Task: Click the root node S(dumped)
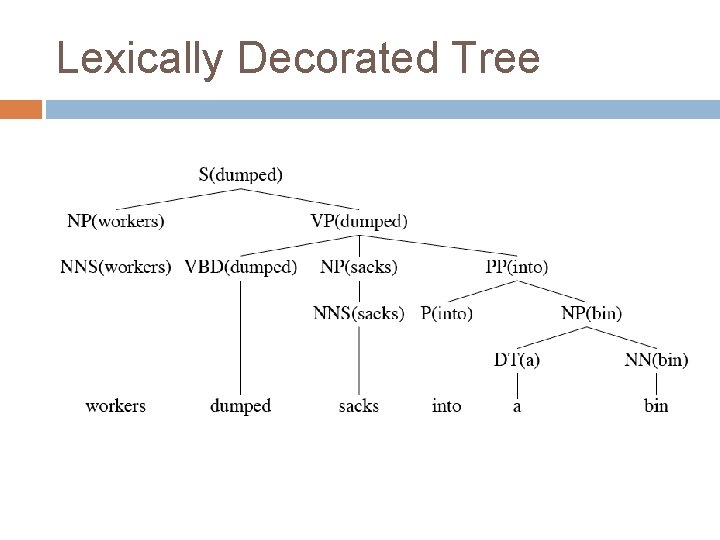tap(240, 174)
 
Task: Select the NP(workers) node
tap(116, 221)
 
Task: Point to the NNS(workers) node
tap(116, 267)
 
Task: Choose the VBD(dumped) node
tap(241, 267)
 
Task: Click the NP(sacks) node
tap(359, 267)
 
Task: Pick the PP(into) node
tap(517, 267)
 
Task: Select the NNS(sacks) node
tap(359, 313)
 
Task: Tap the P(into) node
tap(446, 313)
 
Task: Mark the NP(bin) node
tap(591, 313)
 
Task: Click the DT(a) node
tap(517, 359)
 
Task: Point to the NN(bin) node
tap(656, 359)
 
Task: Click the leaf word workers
tap(116, 405)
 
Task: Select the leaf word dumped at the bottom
tap(241, 405)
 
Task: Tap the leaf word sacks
tap(359, 405)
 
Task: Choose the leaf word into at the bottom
tap(446, 405)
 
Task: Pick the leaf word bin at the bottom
tap(656, 405)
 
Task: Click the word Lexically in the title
tap(141, 59)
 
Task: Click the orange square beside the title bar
tap(21, 109)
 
